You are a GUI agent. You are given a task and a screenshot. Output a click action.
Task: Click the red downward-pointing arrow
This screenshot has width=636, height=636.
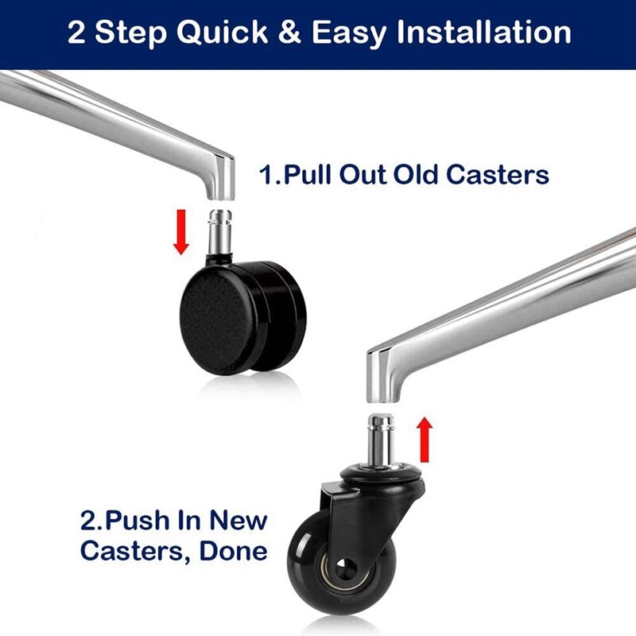pyautogui.click(x=181, y=231)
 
